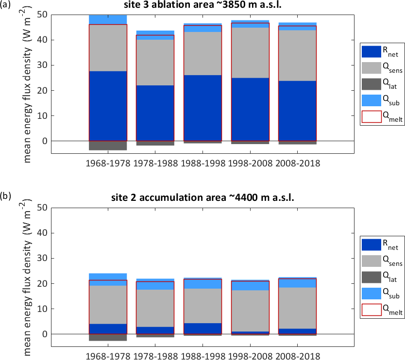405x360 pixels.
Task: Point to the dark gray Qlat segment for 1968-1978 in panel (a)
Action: [x=107, y=145]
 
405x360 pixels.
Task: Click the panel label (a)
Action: [x=6, y=6]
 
